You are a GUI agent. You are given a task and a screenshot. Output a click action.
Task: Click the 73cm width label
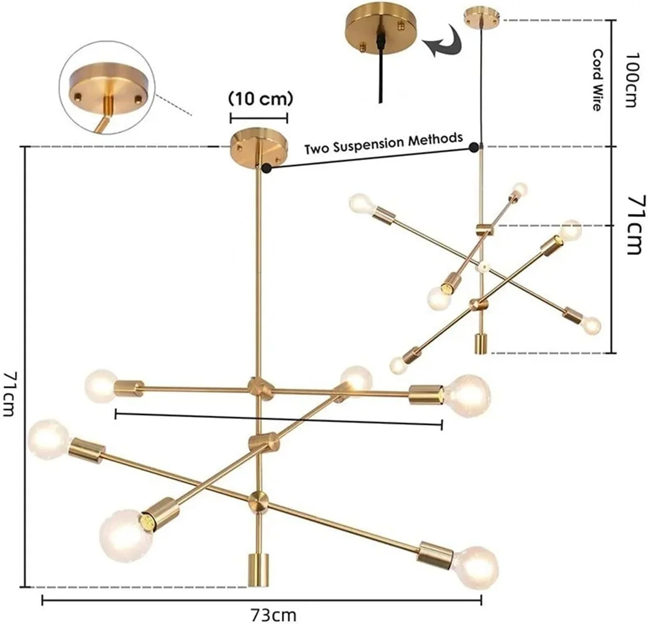[273, 613]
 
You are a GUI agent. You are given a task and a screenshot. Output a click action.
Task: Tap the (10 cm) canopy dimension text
[261, 99]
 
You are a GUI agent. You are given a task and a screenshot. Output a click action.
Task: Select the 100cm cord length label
[630, 80]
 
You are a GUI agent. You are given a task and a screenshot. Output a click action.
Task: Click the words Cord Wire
[598, 80]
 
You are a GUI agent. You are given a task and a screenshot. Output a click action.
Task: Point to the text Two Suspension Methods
[384, 144]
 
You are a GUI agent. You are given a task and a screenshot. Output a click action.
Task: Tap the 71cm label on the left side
[9, 394]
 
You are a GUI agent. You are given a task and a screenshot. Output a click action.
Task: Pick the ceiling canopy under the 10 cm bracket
[259, 148]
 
